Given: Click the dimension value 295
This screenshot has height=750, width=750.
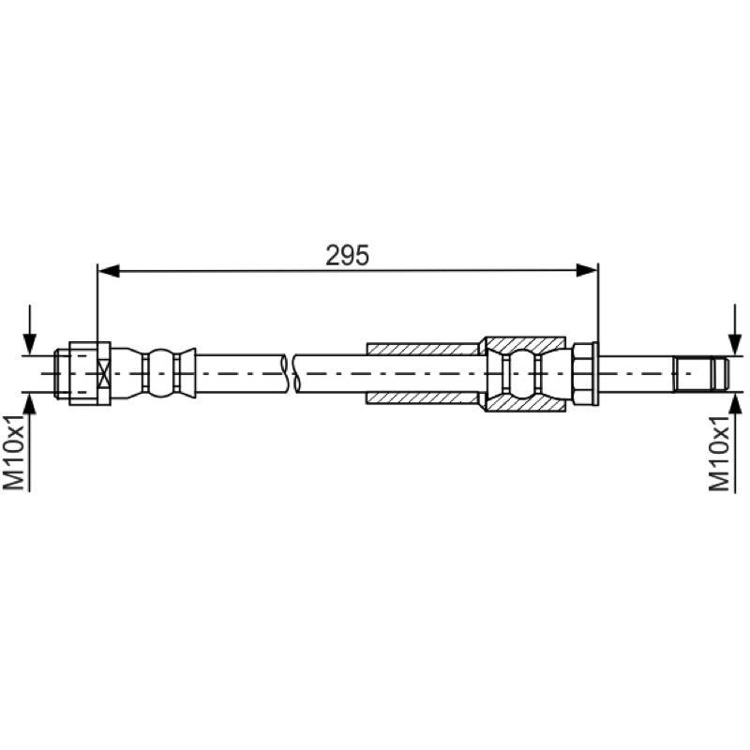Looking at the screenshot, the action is click(x=347, y=255).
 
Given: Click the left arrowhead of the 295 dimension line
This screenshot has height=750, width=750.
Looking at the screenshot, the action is click(x=108, y=271).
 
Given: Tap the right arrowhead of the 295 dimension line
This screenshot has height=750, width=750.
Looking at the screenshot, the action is click(x=587, y=271).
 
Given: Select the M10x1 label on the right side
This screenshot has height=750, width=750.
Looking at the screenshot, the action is click(x=719, y=453).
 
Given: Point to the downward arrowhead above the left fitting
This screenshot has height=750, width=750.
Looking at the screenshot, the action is click(x=30, y=344).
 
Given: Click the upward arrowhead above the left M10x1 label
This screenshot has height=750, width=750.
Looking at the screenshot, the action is click(x=30, y=403).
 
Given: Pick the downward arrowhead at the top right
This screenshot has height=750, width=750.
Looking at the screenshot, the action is click(x=735, y=344).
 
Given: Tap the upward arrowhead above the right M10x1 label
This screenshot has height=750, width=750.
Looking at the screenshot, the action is click(x=735, y=403).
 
